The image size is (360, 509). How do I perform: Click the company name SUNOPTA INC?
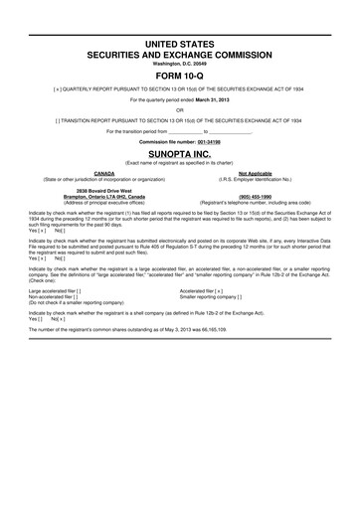click(179, 156)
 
